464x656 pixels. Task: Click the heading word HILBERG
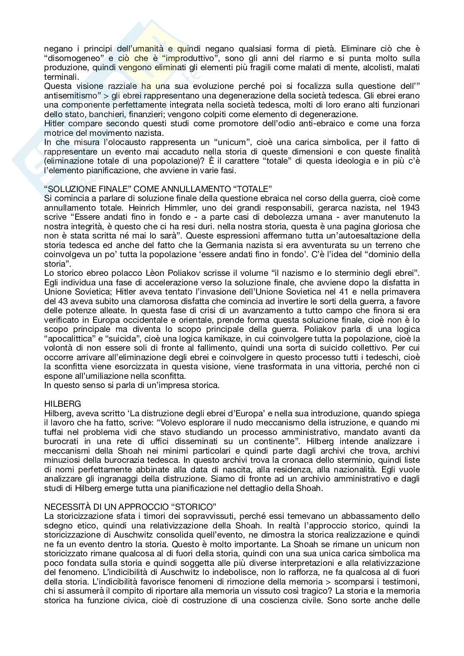58,404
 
